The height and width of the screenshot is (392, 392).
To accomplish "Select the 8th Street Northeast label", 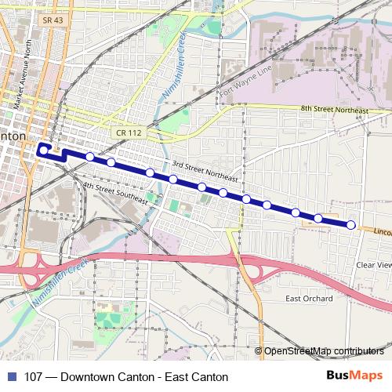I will tap(335, 111).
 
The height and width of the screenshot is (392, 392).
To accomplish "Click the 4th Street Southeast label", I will tap(115, 192).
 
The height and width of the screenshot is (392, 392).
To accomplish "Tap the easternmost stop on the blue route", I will tap(351, 226).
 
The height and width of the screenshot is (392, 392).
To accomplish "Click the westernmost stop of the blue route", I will tap(42, 148).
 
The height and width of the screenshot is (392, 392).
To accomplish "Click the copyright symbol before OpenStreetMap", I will tap(259, 350).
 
